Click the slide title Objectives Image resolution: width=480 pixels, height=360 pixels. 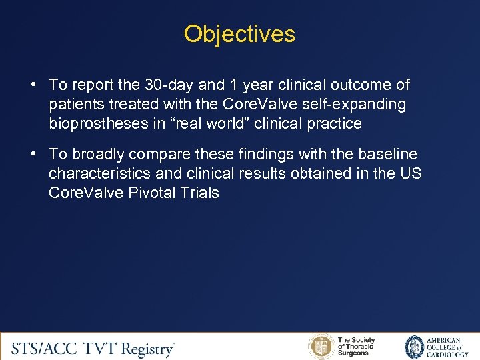[x=239, y=34]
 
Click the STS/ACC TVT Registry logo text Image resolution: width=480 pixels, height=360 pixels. [x=93, y=348]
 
